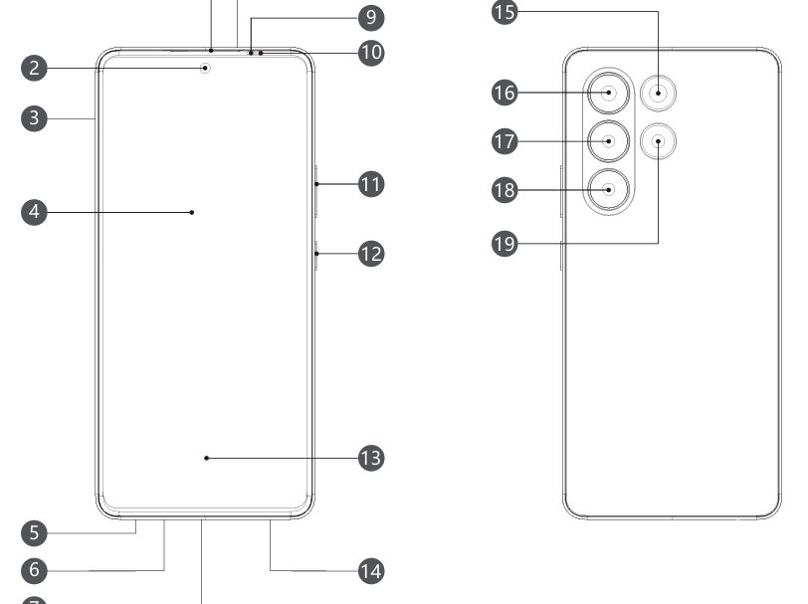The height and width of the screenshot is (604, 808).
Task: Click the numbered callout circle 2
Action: tap(34, 68)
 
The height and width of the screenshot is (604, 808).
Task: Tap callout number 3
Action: tap(34, 117)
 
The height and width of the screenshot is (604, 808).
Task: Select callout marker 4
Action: tap(34, 211)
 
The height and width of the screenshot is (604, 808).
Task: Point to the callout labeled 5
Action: tap(34, 532)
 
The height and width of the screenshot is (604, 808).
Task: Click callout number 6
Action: tap(34, 570)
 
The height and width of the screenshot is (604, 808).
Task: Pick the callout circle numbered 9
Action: tap(370, 17)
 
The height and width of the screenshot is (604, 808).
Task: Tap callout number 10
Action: tap(370, 52)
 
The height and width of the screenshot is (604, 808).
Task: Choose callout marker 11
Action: tap(370, 183)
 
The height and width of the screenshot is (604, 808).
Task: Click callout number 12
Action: tap(370, 253)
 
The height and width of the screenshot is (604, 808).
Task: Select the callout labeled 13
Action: tap(370, 458)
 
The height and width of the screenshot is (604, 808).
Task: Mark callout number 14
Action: tap(370, 570)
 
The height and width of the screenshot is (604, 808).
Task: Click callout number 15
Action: tap(505, 12)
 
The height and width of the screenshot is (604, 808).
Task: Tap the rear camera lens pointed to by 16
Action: tap(608, 95)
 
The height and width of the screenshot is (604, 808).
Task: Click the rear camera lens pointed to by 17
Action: tap(608, 141)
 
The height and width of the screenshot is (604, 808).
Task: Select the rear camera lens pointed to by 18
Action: tap(608, 188)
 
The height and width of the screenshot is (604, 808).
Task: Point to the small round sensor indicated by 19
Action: tap(658, 141)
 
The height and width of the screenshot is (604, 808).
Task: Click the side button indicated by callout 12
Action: tap(314, 255)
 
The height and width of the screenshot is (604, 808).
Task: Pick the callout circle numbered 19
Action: tap(505, 243)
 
